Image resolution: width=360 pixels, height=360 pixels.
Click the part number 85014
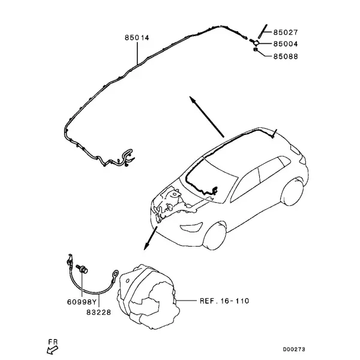137,38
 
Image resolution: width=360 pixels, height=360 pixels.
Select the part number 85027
286,32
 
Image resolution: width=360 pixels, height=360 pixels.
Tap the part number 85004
286,44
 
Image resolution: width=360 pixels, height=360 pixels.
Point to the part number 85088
286,56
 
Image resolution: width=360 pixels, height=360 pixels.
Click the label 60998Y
81,302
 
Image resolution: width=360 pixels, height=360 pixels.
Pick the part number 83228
99,313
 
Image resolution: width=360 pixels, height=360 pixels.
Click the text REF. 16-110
224,301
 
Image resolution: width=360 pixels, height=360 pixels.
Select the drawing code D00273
294,349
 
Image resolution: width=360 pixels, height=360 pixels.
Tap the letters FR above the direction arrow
53,342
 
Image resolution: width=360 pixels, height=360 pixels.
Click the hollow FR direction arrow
52,350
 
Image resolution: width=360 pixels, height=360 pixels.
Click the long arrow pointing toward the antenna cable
206,116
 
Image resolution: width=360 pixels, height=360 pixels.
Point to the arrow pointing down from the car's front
151,238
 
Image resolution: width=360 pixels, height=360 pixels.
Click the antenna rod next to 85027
263,31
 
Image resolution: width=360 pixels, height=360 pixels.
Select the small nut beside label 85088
256,49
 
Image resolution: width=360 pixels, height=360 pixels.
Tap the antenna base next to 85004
255,42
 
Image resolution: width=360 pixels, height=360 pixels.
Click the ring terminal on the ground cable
115,274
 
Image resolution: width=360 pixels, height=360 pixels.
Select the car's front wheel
214,236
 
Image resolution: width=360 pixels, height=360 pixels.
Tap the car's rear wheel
293,191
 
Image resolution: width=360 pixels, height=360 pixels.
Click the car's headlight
191,227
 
